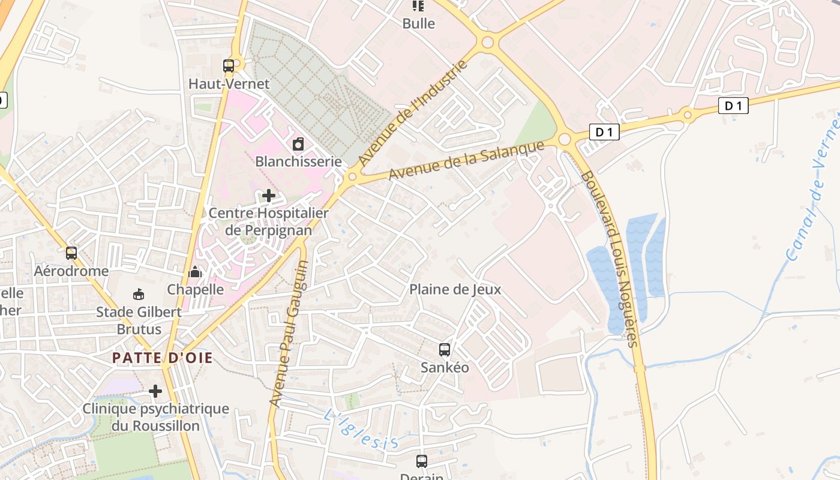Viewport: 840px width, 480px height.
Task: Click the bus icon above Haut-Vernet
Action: [229, 66]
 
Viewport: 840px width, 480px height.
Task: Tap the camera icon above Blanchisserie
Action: [298, 144]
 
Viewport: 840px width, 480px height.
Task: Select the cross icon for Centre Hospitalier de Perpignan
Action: [269, 196]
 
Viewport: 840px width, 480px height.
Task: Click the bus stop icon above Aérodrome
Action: [71, 253]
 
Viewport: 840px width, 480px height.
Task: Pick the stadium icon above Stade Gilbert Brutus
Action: [139, 294]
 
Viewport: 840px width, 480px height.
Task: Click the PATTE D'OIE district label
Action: [162, 358]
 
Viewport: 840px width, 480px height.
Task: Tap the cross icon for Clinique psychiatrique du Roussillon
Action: [155, 391]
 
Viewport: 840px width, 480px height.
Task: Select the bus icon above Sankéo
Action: [445, 349]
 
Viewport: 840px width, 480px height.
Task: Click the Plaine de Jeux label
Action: [455, 289]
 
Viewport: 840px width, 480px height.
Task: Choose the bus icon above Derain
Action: [422, 461]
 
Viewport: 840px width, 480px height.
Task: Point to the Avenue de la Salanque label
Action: [466, 160]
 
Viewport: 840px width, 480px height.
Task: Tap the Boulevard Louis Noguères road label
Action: [609, 258]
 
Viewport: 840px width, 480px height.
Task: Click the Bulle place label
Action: [419, 24]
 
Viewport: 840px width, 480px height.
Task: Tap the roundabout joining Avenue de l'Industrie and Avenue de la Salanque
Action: [352, 177]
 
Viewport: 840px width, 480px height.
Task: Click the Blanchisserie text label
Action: [298, 161]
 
